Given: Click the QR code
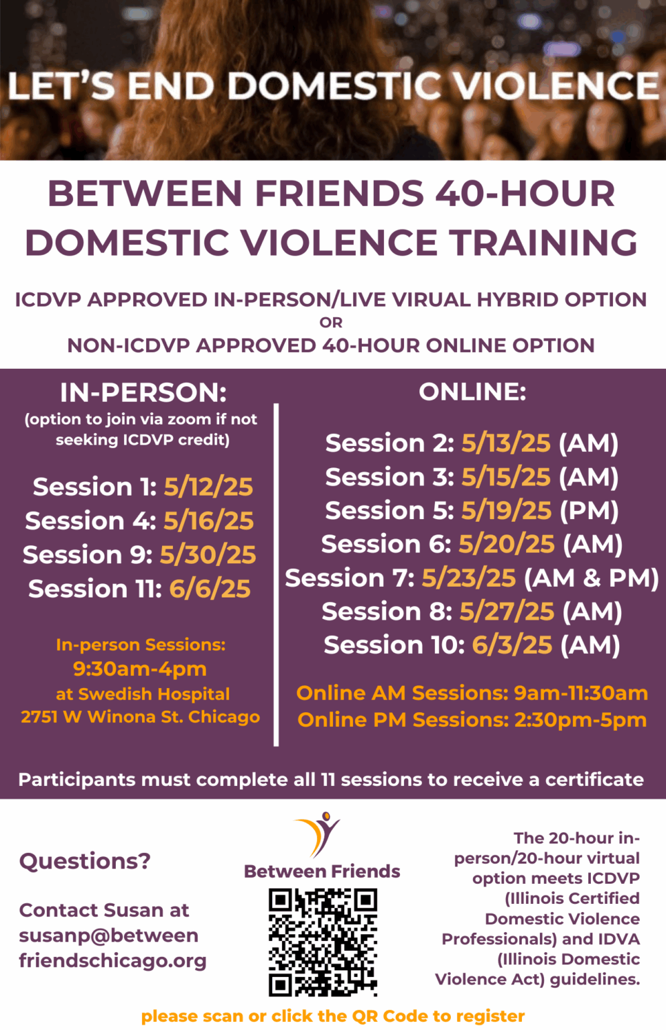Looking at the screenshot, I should (x=323, y=942).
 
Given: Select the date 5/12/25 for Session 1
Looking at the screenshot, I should (x=208, y=487).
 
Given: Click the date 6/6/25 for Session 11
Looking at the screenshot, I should (x=210, y=589).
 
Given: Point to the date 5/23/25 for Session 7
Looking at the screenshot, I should (x=468, y=578).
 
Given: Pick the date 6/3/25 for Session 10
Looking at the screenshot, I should (x=512, y=645).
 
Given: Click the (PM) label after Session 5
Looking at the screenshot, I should (x=589, y=511).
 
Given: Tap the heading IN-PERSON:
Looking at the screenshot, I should (x=143, y=392).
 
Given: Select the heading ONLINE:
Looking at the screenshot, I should (x=472, y=392).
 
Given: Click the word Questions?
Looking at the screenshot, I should (x=85, y=860).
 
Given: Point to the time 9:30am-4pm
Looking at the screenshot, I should (x=140, y=669).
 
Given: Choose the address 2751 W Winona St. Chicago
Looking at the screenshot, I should (x=140, y=717).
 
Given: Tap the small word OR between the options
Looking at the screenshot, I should (x=331, y=323).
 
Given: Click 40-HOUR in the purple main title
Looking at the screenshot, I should (x=525, y=194).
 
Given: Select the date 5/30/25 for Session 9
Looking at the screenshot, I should (x=208, y=555).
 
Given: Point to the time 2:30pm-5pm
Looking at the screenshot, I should (x=580, y=720).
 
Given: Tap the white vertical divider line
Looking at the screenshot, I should (x=276, y=573).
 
